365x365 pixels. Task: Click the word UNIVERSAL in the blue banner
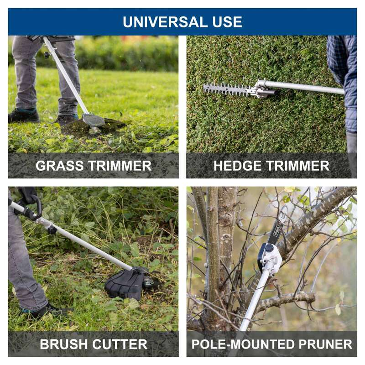(165, 22)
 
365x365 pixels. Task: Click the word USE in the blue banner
(227, 22)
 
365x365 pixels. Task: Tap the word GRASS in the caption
(60, 166)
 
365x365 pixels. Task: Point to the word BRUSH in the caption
(64, 344)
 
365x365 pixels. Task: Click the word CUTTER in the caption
(120, 344)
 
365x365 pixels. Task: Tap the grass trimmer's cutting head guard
(94, 120)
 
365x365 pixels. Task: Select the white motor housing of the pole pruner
(271, 257)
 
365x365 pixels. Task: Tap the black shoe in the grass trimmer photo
(24, 115)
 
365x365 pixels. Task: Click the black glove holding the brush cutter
(27, 195)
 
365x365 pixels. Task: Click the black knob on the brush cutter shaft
(52, 230)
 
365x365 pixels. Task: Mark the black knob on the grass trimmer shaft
(47, 55)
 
